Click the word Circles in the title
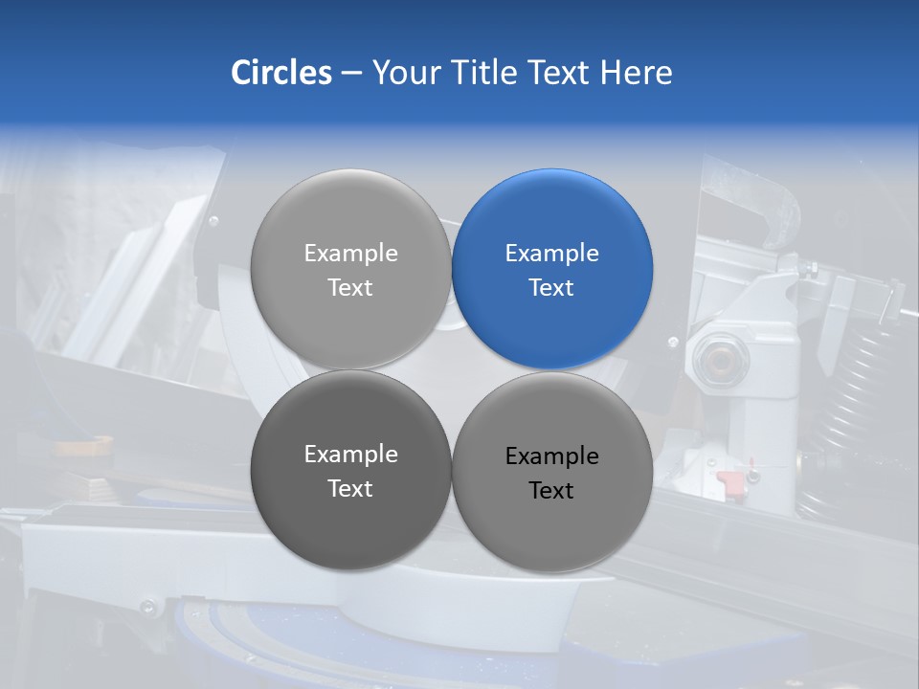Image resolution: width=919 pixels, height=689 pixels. pos(281,73)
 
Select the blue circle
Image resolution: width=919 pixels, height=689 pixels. pos(552,269)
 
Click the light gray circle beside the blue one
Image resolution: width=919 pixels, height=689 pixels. pos(350,269)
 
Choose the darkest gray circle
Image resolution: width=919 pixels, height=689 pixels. pos(350,470)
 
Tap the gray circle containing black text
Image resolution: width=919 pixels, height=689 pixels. pos(552,472)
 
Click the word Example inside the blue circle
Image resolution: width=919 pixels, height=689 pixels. pos(552,253)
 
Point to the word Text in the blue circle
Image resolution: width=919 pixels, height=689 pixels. pos(551,287)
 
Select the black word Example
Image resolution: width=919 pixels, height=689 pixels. pos(552,456)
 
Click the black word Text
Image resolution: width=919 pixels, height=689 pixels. pos(551,490)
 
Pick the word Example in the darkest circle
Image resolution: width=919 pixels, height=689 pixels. pos(350,454)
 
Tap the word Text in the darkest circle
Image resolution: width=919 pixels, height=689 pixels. pos(350,488)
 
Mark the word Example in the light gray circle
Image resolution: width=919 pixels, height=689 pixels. pos(350,253)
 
